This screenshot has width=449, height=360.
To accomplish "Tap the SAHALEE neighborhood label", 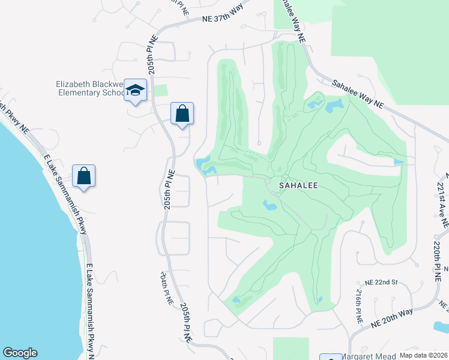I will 298,186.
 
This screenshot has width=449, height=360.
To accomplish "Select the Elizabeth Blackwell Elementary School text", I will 89,88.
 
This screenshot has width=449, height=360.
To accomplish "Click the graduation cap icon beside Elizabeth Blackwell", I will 136,91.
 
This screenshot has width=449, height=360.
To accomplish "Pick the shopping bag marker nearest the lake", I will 84,176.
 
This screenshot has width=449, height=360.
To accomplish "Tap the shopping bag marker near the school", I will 182,113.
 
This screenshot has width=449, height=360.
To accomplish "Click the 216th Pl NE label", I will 358,305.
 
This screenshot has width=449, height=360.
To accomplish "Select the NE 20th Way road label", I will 392,316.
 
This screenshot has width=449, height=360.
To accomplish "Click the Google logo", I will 20,353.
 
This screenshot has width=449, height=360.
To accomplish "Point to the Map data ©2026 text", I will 423,355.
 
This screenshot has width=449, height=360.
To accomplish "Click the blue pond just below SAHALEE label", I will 270,206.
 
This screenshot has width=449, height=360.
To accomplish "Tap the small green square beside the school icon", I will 160,91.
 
